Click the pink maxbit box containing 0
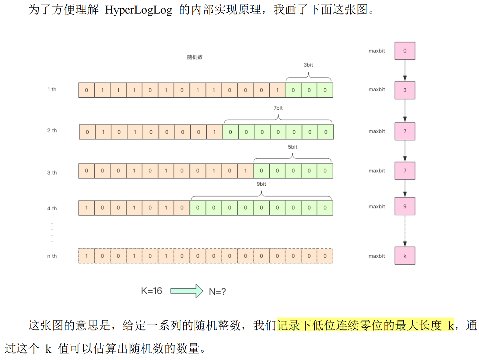click(x=405, y=51)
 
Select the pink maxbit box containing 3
click(x=405, y=90)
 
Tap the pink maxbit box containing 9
click(x=405, y=206)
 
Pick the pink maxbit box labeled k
click(x=405, y=256)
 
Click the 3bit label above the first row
click(x=308, y=65)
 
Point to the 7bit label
click(x=278, y=108)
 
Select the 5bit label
click(x=292, y=147)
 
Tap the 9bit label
click(x=261, y=184)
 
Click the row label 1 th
click(x=52, y=90)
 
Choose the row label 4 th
click(x=52, y=208)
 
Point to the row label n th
click(x=52, y=256)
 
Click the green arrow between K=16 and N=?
click(x=186, y=291)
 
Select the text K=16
click(x=151, y=291)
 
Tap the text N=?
click(x=217, y=292)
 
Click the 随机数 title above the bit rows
click(x=194, y=57)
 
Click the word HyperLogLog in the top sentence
click(x=138, y=10)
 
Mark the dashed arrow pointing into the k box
click(x=405, y=231)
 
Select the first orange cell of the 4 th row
click(x=86, y=208)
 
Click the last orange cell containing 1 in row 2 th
click(x=214, y=132)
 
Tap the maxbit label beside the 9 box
click(x=377, y=207)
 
